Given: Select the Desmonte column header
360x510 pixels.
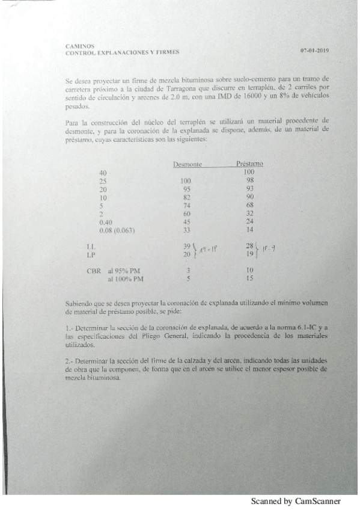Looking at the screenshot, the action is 188,164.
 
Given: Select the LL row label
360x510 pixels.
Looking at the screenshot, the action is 91,247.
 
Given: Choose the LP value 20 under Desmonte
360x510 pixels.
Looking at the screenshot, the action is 186,254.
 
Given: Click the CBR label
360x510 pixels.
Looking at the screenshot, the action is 94,271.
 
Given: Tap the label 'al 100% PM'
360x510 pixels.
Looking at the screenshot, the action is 127,280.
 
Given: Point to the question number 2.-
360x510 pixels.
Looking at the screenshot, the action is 69,359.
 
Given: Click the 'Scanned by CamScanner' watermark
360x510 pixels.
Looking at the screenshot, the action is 295,501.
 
